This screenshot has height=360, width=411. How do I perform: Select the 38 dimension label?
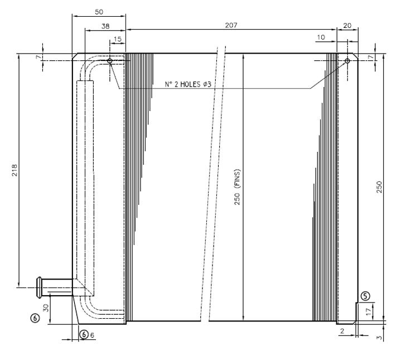(x=105, y=26)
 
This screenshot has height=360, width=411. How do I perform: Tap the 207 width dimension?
(x=230, y=26)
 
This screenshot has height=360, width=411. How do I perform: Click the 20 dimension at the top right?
(x=347, y=26)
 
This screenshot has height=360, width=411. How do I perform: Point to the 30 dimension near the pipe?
(x=47, y=307)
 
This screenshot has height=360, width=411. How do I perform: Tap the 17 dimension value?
(x=368, y=313)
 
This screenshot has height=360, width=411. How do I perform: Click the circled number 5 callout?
(x=365, y=296)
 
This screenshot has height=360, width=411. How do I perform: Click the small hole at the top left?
(x=110, y=61)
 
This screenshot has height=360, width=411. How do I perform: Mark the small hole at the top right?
(x=347, y=60)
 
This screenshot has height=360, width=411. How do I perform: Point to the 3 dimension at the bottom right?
(x=380, y=337)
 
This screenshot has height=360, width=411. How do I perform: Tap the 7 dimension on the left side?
(x=37, y=57)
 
